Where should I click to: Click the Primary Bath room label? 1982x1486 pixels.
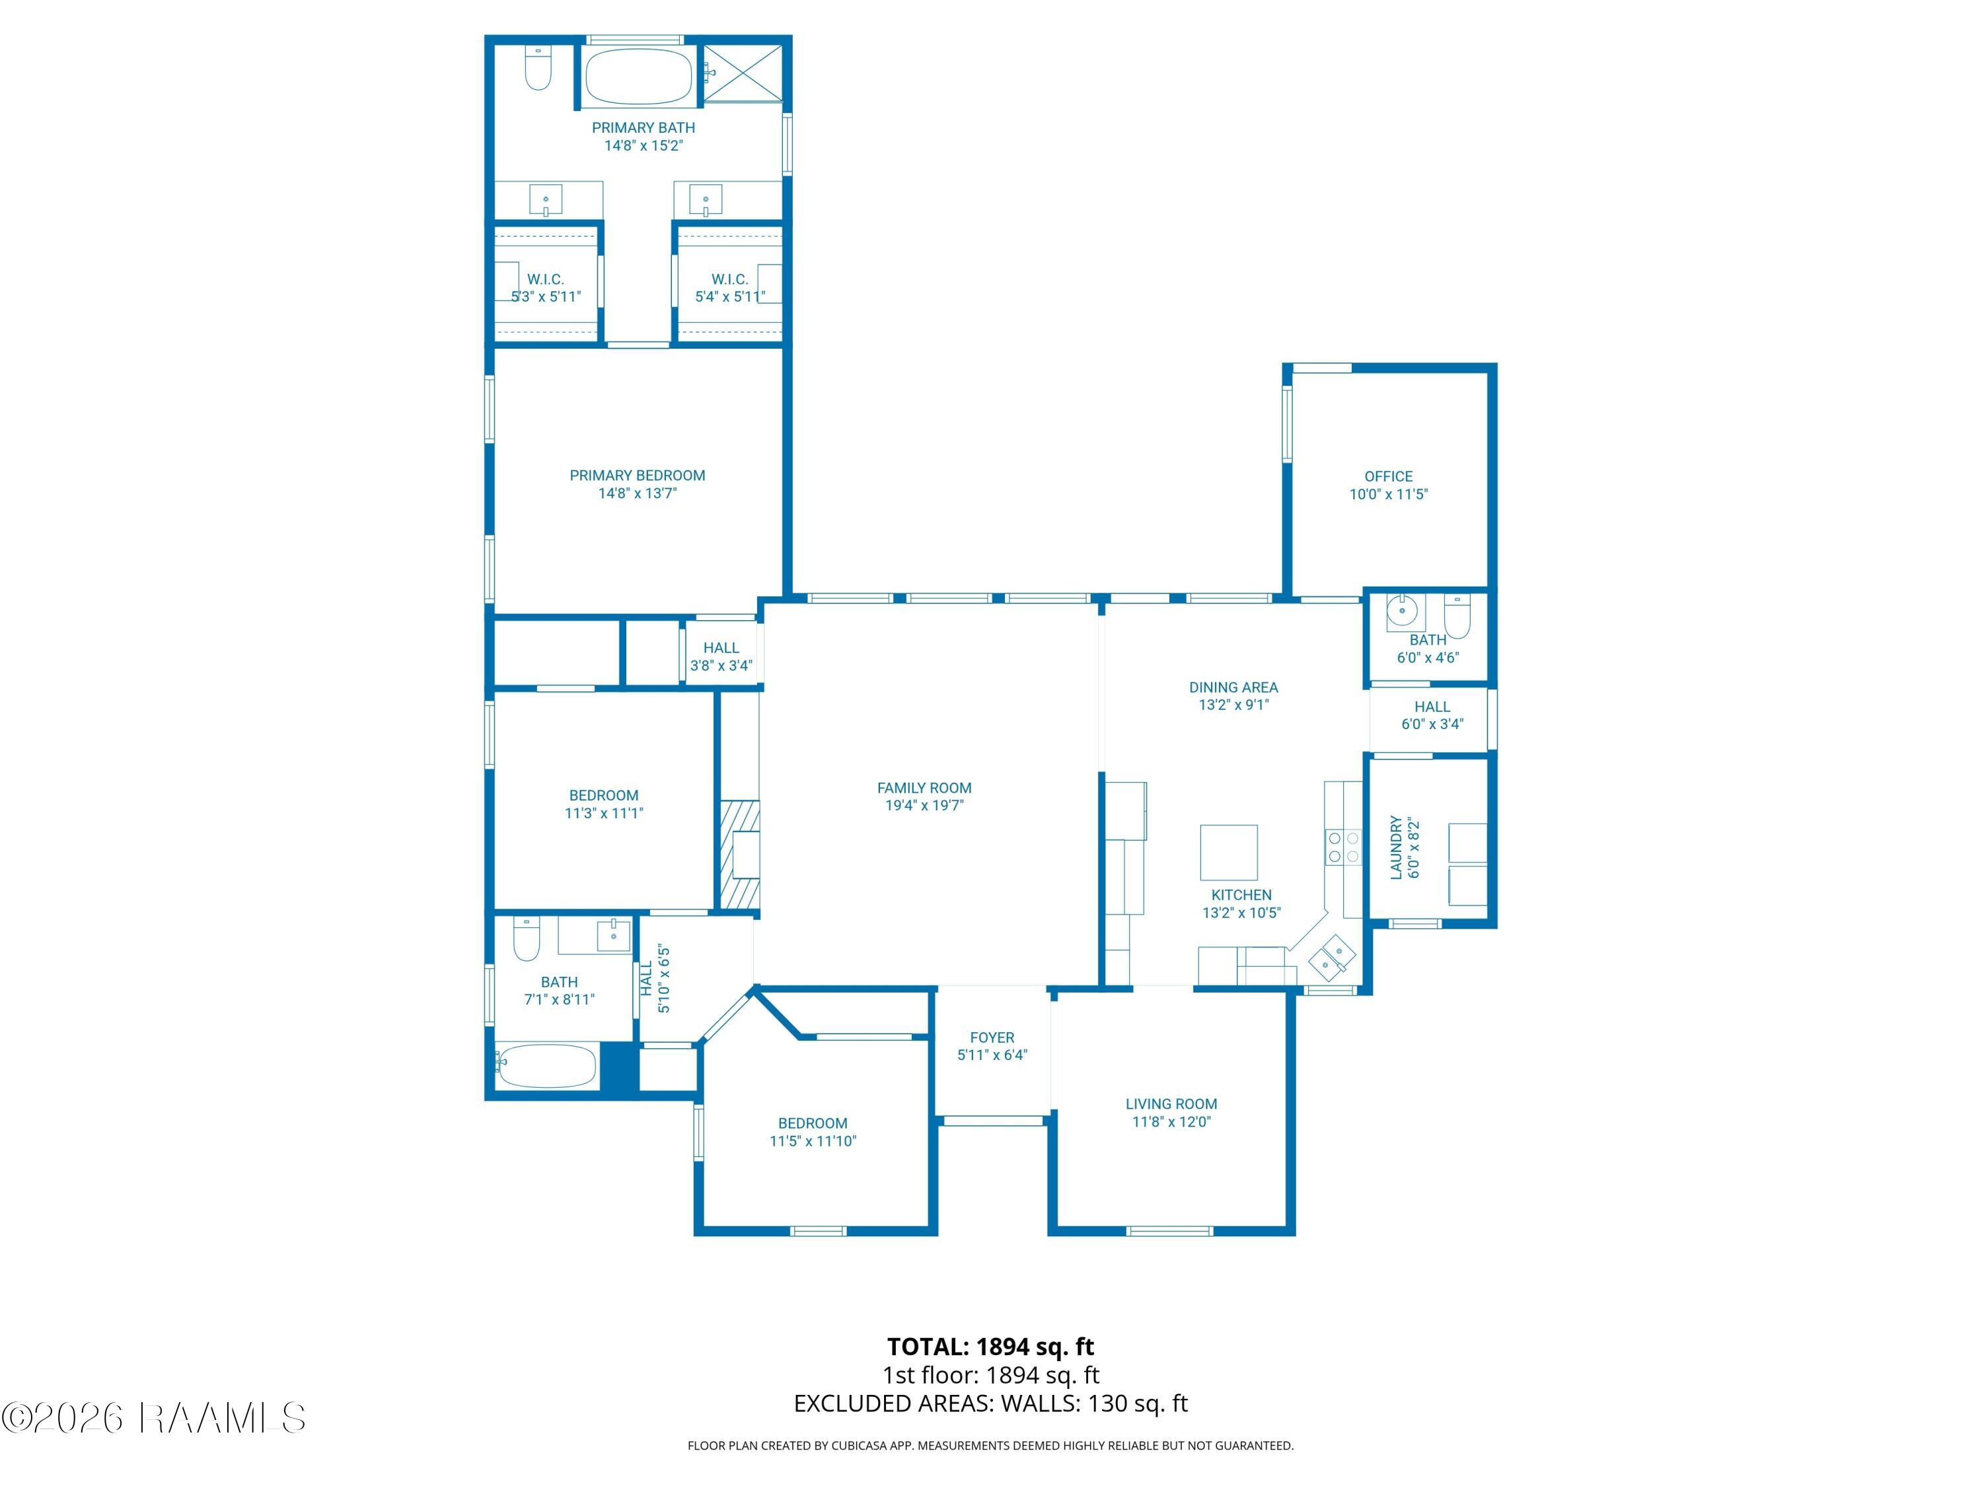(643, 128)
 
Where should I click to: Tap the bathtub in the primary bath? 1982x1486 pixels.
(639, 76)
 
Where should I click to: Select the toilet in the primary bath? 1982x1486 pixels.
(538, 68)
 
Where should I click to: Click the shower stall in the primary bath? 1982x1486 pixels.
(743, 73)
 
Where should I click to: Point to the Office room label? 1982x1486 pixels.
(1389, 477)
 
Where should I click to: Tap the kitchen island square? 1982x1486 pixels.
(1228, 853)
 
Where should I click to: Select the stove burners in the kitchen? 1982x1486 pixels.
(1343, 847)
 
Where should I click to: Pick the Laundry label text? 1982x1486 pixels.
(1396, 847)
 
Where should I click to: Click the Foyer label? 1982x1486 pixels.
(992, 1038)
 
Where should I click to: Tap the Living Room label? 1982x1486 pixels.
(1171, 1104)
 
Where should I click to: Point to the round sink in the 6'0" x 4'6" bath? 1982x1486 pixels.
(1401, 613)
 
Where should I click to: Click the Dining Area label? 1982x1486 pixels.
(1234, 687)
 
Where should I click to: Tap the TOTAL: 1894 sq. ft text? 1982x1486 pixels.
(990, 1346)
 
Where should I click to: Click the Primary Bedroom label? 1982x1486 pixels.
(637, 476)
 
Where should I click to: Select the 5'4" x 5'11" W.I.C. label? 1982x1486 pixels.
(729, 287)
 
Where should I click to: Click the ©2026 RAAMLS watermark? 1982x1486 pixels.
(153, 1418)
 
